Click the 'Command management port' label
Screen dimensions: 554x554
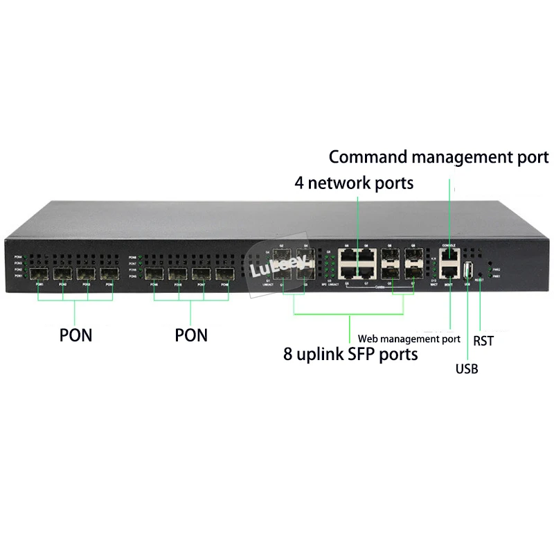[x=438, y=157]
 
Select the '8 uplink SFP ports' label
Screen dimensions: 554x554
[x=350, y=355]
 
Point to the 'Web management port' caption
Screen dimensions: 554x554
[x=409, y=339]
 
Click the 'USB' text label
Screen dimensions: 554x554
[x=466, y=368]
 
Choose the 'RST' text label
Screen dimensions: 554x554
[x=483, y=341]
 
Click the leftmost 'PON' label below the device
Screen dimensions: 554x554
[x=75, y=335]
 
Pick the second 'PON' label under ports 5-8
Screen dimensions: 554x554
[x=191, y=335]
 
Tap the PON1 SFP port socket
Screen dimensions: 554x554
[x=38, y=274]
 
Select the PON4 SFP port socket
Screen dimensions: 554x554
[x=109, y=274]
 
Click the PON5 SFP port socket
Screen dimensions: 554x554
[x=155, y=275]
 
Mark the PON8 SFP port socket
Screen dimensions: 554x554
[x=225, y=276]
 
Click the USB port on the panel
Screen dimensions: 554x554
[x=467, y=270]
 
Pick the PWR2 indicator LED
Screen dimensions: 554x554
[x=490, y=269]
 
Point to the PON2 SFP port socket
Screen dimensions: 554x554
[x=62, y=274]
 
